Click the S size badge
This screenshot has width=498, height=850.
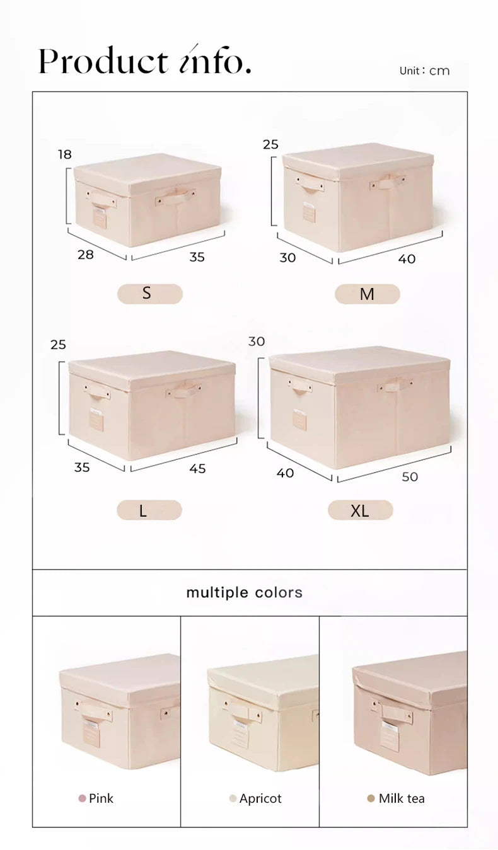pyautogui.click(x=150, y=294)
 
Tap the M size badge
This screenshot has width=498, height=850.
pyautogui.click(x=367, y=294)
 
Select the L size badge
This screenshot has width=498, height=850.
pyautogui.click(x=149, y=510)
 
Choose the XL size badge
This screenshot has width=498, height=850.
pyautogui.click(x=360, y=510)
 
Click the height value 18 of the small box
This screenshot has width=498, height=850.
pyautogui.click(x=65, y=154)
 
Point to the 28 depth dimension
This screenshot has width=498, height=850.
pyautogui.click(x=85, y=255)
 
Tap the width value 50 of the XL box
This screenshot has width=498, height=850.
pyautogui.click(x=410, y=477)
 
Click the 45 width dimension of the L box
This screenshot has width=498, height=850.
pyautogui.click(x=197, y=469)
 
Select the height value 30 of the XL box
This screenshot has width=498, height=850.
pyautogui.click(x=257, y=342)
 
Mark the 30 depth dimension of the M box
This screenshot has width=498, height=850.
pyautogui.click(x=287, y=258)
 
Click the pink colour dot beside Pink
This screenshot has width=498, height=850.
pyautogui.click(x=82, y=799)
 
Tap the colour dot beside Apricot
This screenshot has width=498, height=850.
pyautogui.click(x=233, y=799)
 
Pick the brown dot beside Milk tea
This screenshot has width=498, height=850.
pyautogui.click(x=371, y=799)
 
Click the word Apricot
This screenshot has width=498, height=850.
pyautogui.click(x=260, y=799)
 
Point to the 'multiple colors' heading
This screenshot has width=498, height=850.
pyautogui.click(x=245, y=593)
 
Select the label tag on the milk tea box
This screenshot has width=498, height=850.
pyautogui.click(x=389, y=735)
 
